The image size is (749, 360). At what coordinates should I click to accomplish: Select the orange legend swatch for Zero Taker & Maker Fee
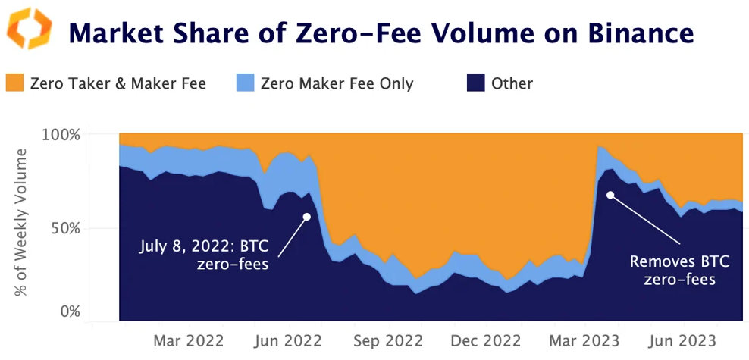pyautogui.click(x=14, y=83)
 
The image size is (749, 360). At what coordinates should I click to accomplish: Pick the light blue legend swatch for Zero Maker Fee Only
pyautogui.click(x=244, y=83)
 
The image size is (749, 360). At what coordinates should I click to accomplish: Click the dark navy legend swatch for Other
pyautogui.click(x=475, y=83)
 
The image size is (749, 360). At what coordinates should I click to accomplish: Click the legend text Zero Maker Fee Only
pyautogui.click(x=337, y=83)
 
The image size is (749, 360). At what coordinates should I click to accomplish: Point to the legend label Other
pyautogui.click(x=512, y=83)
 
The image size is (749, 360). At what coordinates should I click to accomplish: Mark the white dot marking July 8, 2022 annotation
pyautogui.click(x=307, y=216)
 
